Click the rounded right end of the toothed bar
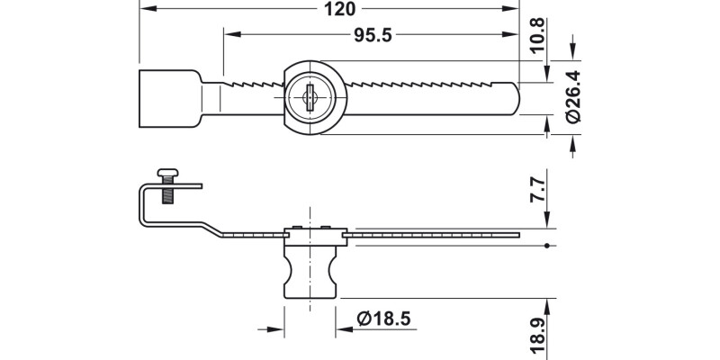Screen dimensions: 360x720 [x=514, y=97]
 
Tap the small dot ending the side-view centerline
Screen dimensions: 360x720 [x=548, y=246]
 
